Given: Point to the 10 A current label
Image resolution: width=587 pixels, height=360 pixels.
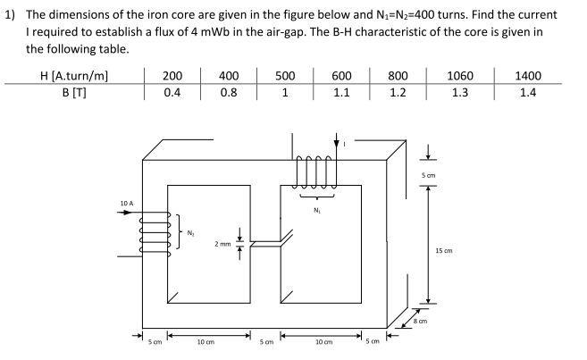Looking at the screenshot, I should (x=126, y=204).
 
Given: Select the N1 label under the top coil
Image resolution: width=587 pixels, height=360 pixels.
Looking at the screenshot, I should (x=317, y=212).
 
